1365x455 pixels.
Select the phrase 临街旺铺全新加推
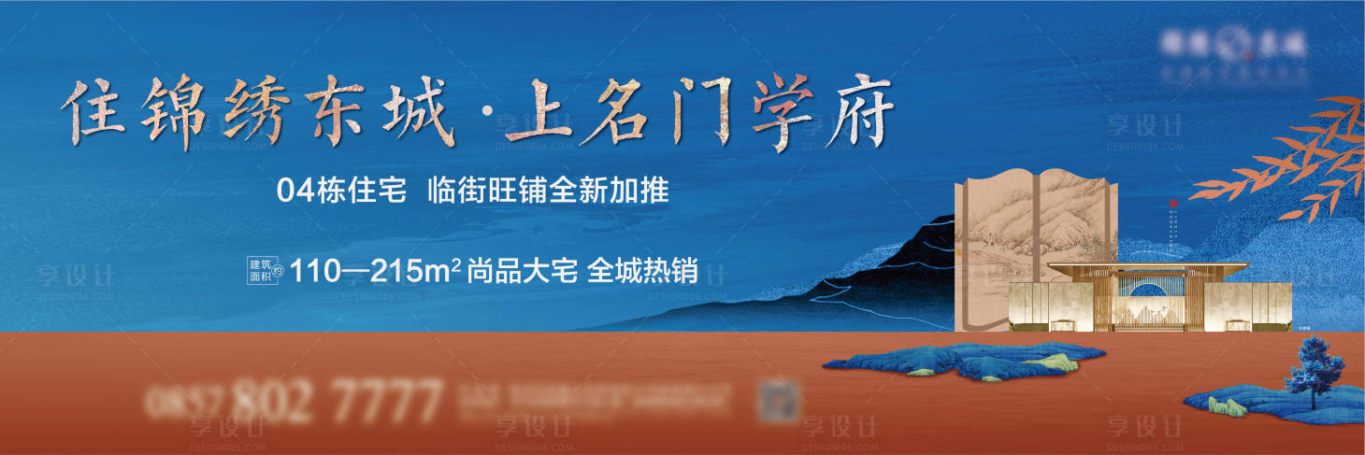[548, 192]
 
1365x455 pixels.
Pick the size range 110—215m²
[377, 271]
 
